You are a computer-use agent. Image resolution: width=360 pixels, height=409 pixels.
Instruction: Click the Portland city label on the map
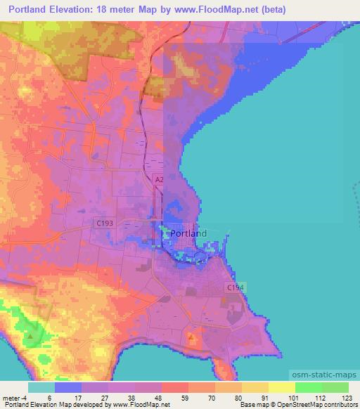click(189, 233)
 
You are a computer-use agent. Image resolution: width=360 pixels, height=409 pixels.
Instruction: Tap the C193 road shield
click(103, 223)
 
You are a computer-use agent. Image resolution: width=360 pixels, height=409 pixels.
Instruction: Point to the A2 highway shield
click(159, 180)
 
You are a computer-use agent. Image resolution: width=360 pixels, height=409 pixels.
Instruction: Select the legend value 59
click(174, 397)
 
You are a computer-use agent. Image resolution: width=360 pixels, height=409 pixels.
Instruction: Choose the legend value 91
click(255, 397)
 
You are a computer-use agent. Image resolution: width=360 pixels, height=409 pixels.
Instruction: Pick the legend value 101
click(282, 397)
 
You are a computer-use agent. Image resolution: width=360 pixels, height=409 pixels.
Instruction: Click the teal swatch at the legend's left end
click(41, 387)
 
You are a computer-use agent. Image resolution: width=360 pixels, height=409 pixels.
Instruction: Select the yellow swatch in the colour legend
click(281, 387)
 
